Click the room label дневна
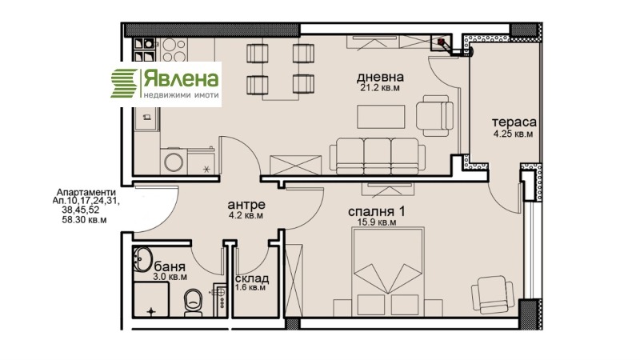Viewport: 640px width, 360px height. tap(379, 77)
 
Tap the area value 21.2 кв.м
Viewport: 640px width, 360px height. tap(379, 88)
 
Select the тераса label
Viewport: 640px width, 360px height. tap(513, 122)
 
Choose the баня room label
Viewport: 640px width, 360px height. tap(170, 266)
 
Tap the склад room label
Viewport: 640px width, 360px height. tap(252, 278)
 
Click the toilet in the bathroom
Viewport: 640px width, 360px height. tap(194, 302)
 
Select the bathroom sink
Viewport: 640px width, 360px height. tap(144, 261)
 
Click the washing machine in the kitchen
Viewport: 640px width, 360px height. tap(174, 159)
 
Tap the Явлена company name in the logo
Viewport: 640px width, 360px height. tap(180, 78)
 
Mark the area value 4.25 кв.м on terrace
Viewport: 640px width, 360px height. tap(513, 134)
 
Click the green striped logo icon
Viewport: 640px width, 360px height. tap(124, 82)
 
